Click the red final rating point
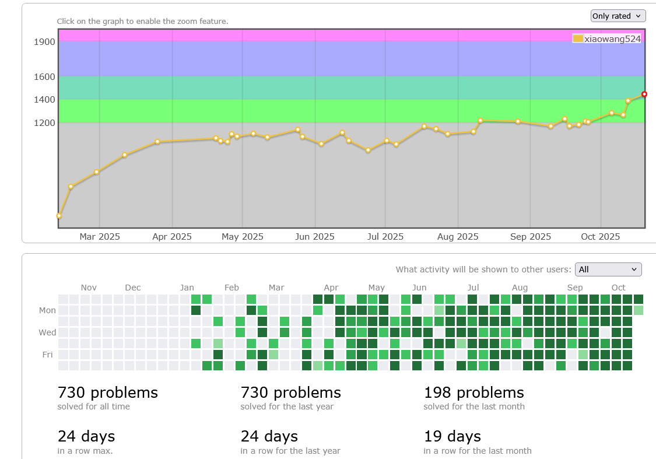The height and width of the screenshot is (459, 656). tap(644, 94)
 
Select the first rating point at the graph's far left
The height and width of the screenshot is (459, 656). tap(59, 216)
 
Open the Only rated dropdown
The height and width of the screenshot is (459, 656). tap(618, 16)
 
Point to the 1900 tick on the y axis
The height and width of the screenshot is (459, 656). tap(44, 41)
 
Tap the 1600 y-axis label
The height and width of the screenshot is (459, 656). tap(44, 76)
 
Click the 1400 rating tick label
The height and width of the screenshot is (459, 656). tap(44, 100)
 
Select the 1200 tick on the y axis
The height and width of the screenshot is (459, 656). tap(44, 123)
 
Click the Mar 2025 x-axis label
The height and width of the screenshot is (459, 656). tap(100, 236)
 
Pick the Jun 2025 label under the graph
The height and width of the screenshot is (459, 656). tap(315, 236)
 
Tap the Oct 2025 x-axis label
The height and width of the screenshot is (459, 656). tap(600, 236)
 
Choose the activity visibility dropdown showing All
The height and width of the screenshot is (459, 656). tap(608, 269)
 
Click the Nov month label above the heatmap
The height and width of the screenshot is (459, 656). tap(89, 288)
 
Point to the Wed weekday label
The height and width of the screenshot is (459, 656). tap(47, 332)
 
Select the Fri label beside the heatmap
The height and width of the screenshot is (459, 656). tap(47, 354)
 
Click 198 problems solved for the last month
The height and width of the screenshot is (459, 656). tap(473, 393)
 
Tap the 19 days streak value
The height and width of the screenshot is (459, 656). tap(452, 436)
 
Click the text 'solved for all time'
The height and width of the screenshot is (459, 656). tap(93, 407)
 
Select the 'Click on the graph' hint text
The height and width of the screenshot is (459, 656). tap(142, 22)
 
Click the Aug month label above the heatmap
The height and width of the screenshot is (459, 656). tap(520, 288)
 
